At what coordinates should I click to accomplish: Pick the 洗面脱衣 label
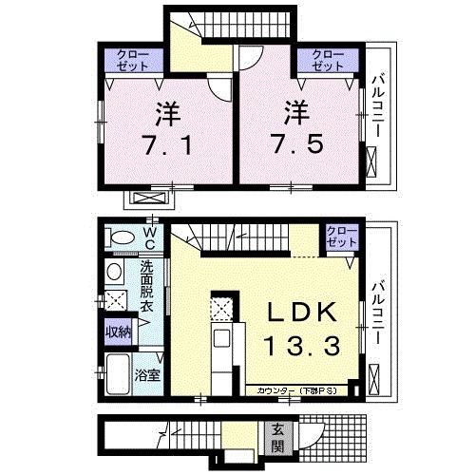[146, 286]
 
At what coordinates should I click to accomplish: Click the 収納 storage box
[118, 332]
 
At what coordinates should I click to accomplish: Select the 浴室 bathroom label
[146, 375]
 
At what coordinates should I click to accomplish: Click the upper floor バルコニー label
[378, 104]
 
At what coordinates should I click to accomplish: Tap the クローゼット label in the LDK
[337, 237]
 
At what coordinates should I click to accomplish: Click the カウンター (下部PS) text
[294, 390]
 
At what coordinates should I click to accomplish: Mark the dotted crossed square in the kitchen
[221, 310]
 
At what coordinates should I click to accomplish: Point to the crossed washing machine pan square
[118, 301]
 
